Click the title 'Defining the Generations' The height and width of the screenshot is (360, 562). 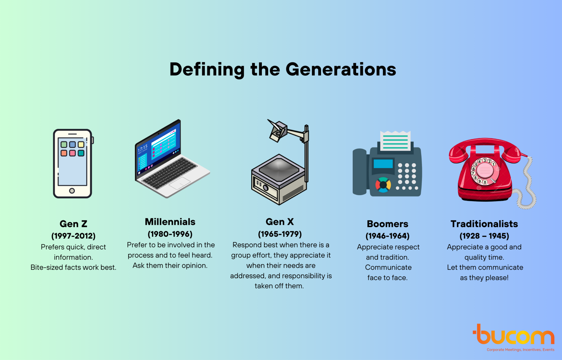coord(283,69)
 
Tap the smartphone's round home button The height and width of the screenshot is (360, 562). coord(72,191)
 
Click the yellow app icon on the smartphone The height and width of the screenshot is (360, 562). coord(81,144)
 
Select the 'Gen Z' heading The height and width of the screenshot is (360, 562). coord(74,224)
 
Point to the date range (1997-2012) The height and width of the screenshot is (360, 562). coord(74,236)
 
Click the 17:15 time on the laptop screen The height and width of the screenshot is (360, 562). coord(143,149)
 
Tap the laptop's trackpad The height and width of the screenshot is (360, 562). coord(180,183)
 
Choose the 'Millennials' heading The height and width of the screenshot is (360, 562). coord(170,222)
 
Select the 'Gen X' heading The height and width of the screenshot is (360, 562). coord(280,222)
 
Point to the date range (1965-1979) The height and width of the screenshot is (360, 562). coord(280,234)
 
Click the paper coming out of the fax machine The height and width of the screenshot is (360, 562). coord(395,141)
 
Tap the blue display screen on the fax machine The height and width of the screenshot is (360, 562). coord(383,164)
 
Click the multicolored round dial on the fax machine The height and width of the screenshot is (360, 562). coord(383,185)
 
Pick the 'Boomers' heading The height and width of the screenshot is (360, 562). coord(387,224)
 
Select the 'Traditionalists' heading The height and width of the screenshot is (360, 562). coord(484,224)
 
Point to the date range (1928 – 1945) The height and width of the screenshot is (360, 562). coord(484,236)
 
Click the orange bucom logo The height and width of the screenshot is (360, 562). coord(513,334)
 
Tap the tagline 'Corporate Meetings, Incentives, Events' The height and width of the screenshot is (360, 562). coord(521,350)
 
